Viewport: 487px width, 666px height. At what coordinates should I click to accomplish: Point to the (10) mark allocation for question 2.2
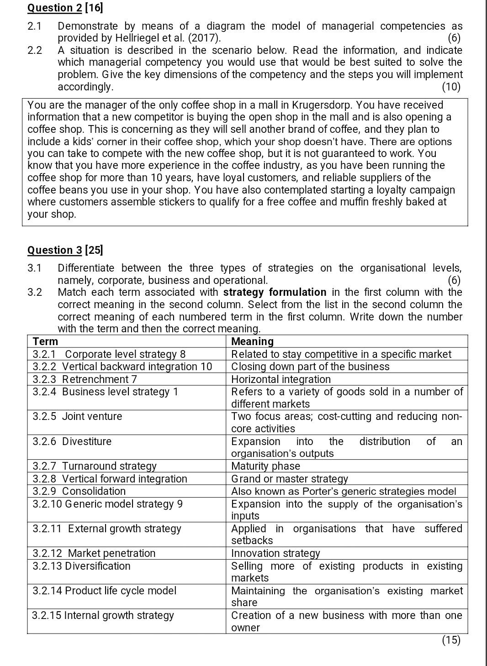(451, 86)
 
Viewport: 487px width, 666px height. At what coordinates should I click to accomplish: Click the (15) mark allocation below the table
(451, 640)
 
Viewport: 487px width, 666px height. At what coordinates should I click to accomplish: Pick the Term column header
(45, 341)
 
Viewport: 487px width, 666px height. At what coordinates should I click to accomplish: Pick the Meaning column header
(252, 341)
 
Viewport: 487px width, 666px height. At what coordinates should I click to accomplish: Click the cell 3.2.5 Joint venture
(77, 416)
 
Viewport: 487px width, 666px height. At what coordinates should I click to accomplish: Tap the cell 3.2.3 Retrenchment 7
(85, 379)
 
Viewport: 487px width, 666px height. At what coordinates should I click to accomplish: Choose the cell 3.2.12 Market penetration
(94, 553)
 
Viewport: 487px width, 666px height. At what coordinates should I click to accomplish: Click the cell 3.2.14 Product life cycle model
(104, 591)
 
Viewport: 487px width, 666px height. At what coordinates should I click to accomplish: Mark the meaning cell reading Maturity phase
(265, 466)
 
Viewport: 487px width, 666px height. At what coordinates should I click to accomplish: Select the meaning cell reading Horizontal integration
(281, 379)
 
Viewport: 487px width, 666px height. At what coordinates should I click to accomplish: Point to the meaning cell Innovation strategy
(275, 553)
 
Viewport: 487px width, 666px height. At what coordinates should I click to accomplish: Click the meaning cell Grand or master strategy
(289, 479)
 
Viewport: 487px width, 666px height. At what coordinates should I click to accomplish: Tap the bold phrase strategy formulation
(275, 292)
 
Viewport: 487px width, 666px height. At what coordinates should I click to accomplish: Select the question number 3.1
(34, 268)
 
